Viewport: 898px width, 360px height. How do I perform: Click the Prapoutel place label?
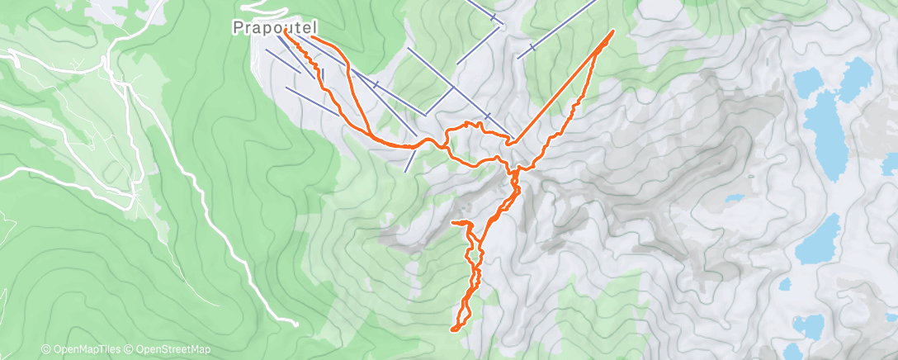[x=274, y=28]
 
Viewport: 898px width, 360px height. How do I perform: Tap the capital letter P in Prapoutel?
[x=238, y=28]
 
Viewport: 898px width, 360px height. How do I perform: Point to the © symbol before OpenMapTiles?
[x=46, y=350]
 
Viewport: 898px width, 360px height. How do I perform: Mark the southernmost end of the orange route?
[x=453, y=329]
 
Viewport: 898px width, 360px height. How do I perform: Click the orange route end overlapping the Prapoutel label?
[x=286, y=35]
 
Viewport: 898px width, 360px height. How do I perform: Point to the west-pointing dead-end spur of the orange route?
[x=453, y=223]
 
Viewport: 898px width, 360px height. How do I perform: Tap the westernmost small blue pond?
[x=732, y=198]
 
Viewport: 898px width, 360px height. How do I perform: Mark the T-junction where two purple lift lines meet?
[x=453, y=87]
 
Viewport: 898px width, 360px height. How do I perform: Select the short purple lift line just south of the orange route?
[x=411, y=161]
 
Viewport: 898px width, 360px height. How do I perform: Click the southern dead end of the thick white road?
[x=295, y=324]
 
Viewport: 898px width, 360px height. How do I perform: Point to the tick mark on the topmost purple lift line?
[x=493, y=17]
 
